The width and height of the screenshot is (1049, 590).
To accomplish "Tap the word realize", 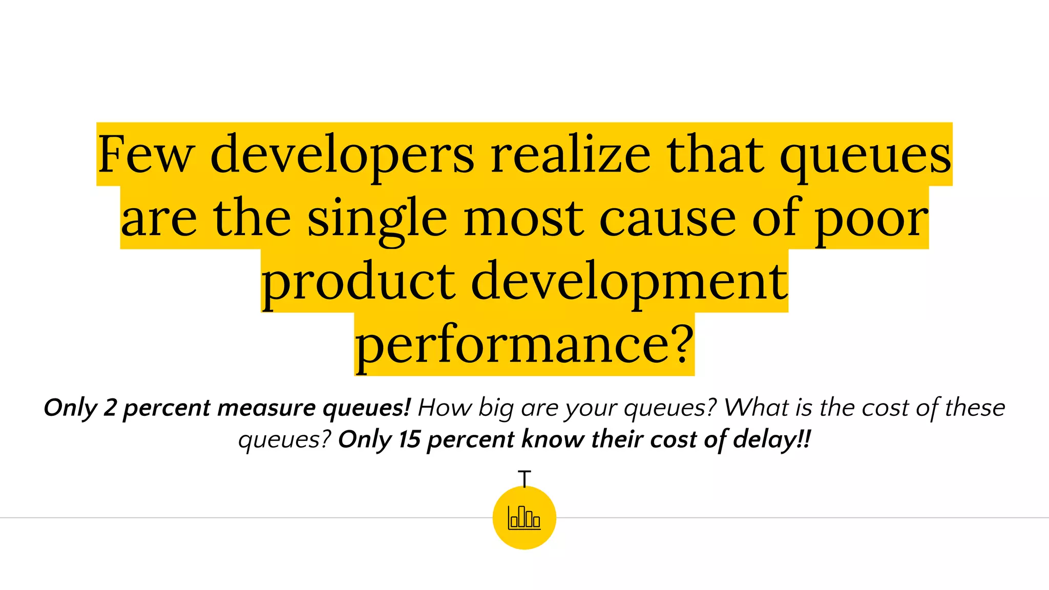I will [x=571, y=155].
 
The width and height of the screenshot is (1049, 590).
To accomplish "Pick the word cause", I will [x=667, y=219].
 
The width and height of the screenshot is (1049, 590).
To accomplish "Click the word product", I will [x=359, y=283].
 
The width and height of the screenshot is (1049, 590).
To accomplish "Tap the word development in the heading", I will [x=629, y=283].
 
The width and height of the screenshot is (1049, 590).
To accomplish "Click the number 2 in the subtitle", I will [x=110, y=408].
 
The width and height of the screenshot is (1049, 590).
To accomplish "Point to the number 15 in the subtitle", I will [x=410, y=439].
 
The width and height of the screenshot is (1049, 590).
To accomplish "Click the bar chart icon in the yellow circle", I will [x=524, y=517].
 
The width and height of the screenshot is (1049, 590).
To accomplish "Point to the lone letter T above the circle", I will [x=524, y=478].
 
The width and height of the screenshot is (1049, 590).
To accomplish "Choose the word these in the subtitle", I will [x=975, y=408].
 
